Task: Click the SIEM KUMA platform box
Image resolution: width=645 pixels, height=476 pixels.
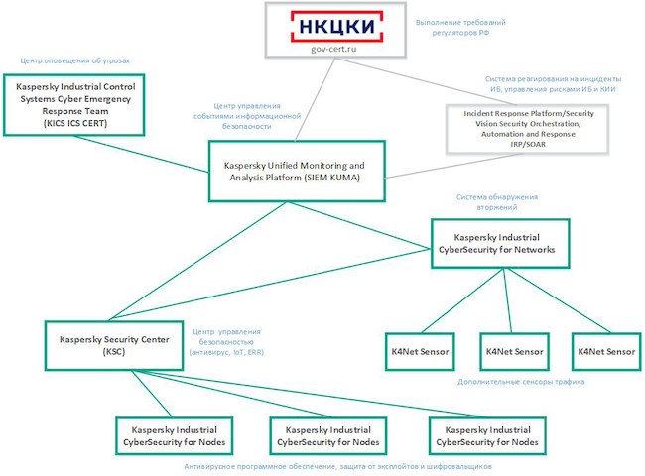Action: point(295,170)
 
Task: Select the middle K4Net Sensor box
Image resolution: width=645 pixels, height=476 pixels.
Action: point(513,352)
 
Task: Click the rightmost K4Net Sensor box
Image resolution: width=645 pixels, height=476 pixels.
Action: point(605,352)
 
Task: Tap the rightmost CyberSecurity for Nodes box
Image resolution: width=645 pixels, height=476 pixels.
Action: point(493,435)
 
